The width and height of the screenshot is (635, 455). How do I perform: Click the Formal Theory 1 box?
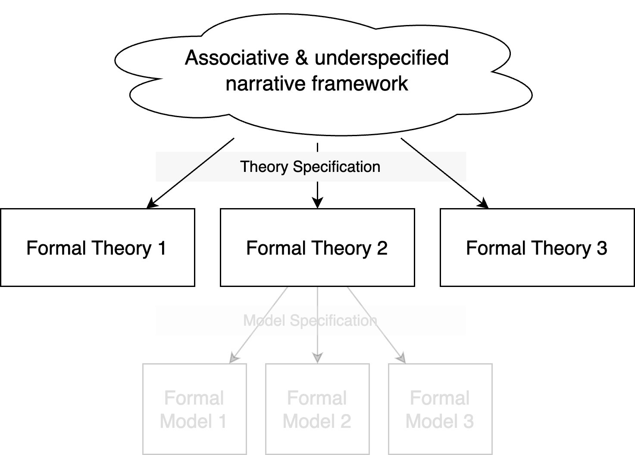(x=97, y=247)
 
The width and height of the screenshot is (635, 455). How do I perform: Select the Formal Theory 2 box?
(x=317, y=247)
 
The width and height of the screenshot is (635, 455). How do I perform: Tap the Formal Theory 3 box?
(x=537, y=247)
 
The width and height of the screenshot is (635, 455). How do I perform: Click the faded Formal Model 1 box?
(x=194, y=409)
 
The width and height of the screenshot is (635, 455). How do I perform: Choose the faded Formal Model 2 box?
(x=317, y=409)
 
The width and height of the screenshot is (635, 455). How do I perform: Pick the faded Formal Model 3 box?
(x=440, y=409)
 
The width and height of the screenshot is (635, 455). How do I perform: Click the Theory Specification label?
(x=310, y=167)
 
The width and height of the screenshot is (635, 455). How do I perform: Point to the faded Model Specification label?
(x=310, y=321)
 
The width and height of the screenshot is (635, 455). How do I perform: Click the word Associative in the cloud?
(x=237, y=58)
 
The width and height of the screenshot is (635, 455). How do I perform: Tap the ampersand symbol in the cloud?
(x=302, y=58)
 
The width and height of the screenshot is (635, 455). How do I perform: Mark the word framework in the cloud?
(x=360, y=84)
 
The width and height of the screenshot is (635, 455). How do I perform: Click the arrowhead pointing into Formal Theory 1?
(x=151, y=203)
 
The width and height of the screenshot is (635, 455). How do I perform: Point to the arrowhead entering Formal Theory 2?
(x=317, y=203)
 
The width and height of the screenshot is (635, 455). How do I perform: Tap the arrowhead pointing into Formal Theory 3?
(x=484, y=203)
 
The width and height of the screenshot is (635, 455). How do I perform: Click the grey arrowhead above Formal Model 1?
(x=234, y=358)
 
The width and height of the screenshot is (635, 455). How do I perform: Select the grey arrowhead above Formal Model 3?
(x=402, y=358)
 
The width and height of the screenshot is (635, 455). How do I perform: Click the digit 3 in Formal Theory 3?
(x=602, y=248)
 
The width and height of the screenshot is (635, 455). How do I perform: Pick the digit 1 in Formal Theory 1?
(x=162, y=248)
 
